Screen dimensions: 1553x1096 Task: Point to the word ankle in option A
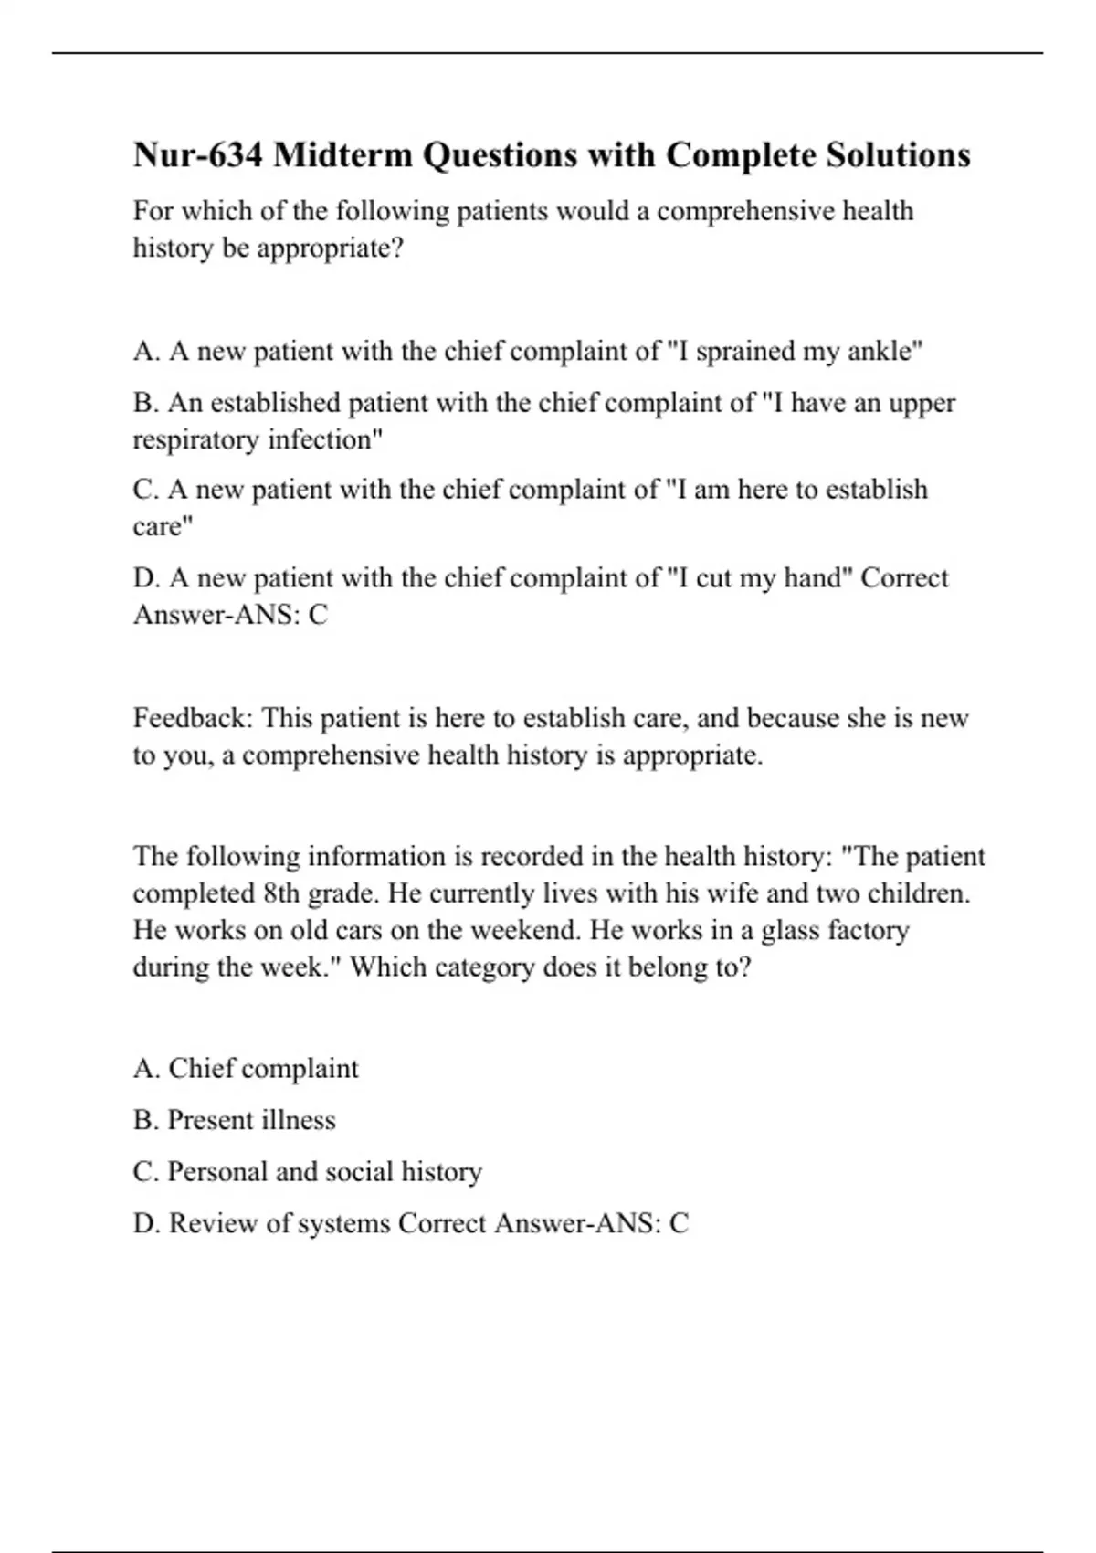pos(885,351)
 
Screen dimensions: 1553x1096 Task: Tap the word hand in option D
pos(812,577)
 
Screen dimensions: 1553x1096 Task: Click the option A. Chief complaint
pos(246,1068)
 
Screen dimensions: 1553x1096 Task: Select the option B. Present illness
pos(235,1120)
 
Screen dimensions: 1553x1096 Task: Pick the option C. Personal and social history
pos(308,1171)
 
